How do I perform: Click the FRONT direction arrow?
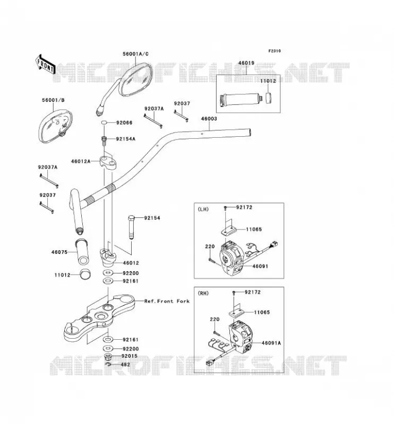tap(45, 64)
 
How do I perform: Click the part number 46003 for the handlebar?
tap(209, 118)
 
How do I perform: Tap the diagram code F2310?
tap(275, 51)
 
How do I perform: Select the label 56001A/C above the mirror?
tap(135, 54)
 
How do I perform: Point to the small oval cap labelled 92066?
tap(104, 123)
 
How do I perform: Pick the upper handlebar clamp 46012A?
tap(108, 162)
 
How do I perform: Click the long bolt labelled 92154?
tap(132, 227)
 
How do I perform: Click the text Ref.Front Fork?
tap(167, 301)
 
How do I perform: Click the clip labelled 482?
tap(108, 365)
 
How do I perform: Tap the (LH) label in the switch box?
tap(203, 209)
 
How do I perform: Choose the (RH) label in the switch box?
tap(203, 293)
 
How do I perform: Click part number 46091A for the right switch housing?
tap(271, 343)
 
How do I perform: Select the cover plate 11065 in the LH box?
tap(228, 230)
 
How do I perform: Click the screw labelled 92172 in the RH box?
tap(234, 293)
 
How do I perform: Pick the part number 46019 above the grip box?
tap(246, 63)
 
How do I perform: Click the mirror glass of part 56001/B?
tap(55, 126)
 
